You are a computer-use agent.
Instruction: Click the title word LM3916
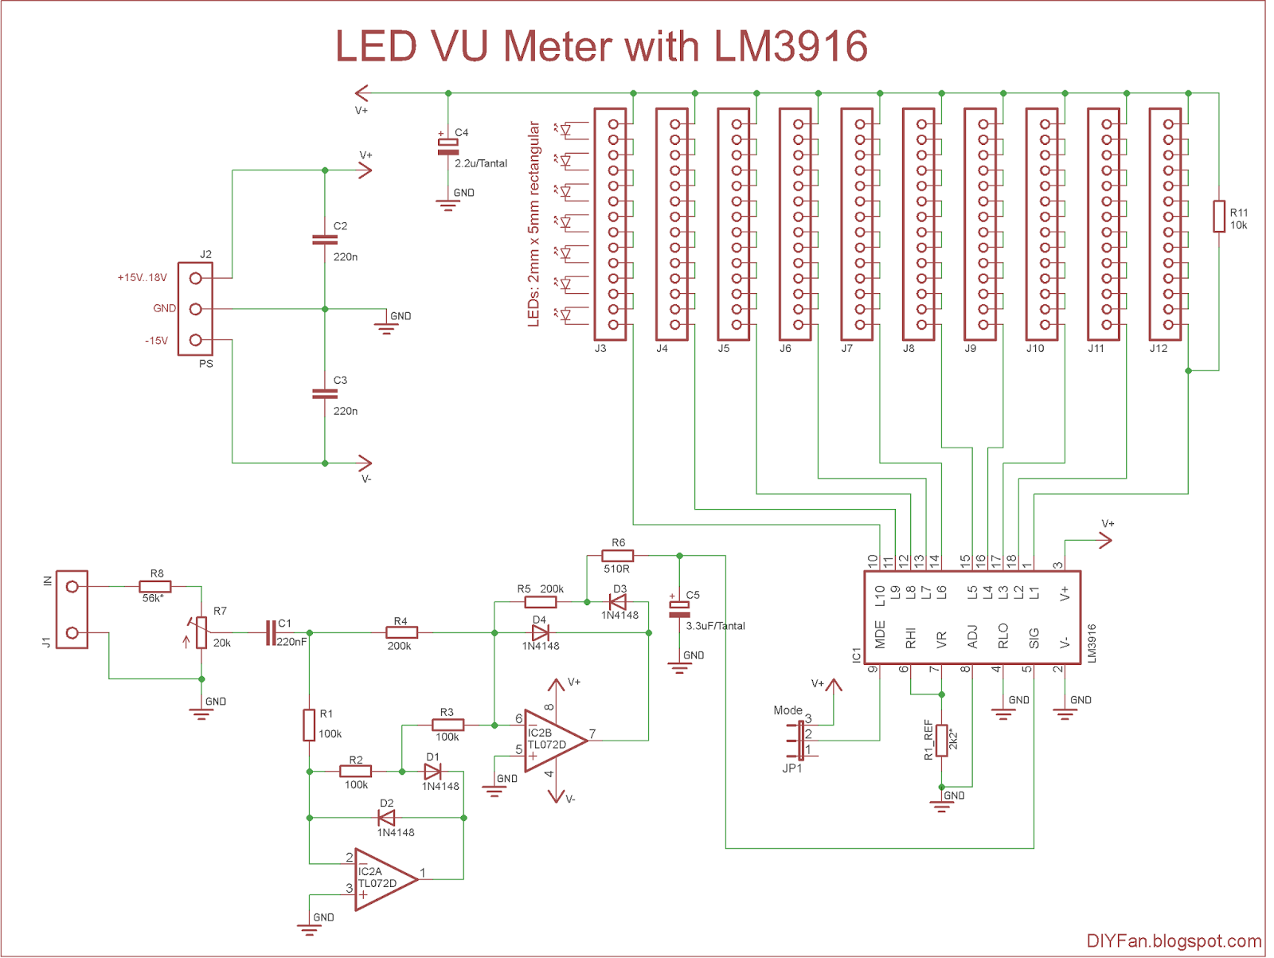pyautogui.click(x=791, y=46)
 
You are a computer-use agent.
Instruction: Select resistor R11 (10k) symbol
pyautogui.click(x=1218, y=217)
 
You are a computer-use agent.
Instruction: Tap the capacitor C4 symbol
pyautogui.click(x=448, y=147)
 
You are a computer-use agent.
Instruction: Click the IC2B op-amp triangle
pyautogui.click(x=553, y=741)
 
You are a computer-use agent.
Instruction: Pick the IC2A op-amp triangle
pyautogui.click(x=385, y=879)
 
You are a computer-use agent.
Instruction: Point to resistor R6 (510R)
pyautogui.click(x=618, y=556)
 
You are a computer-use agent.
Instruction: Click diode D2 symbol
pyautogui.click(x=387, y=818)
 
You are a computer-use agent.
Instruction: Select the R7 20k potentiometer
pyautogui.click(x=201, y=633)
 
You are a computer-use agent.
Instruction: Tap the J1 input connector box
pyautogui.click(x=72, y=609)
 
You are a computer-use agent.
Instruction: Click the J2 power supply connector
pyautogui.click(x=195, y=309)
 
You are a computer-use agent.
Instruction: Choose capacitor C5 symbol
pyautogui.click(x=679, y=609)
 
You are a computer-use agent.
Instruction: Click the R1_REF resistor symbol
pyautogui.click(x=941, y=741)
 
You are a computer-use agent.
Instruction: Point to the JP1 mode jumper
pyautogui.click(x=799, y=741)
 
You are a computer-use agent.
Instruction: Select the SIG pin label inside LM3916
pyautogui.click(x=1034, y=639)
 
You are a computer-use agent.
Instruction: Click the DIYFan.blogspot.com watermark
pyautogui.click(x=1174, y=941)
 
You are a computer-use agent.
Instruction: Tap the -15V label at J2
pyautogui.click(x=156, y=341)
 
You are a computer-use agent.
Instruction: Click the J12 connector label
pyautogui.click(x=1158, y=349)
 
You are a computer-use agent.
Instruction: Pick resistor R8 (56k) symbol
pyautogui.click(x=156, y=587)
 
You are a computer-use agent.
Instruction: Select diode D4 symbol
pyautogui.click(x=541, y=633)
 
